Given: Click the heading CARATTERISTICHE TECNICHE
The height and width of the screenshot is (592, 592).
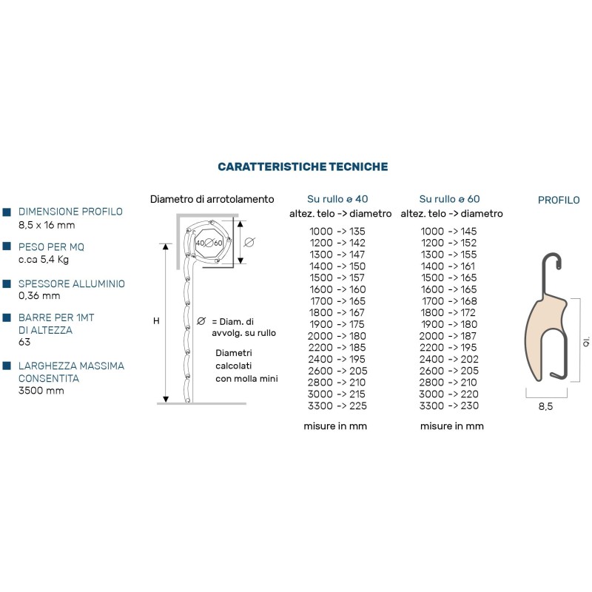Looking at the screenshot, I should pos(303,167).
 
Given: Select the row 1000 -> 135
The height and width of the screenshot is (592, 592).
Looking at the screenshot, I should pos(337,232).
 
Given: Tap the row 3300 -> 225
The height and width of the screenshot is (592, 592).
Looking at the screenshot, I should pos(337,406).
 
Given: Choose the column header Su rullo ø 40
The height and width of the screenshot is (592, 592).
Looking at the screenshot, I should pos(337,199).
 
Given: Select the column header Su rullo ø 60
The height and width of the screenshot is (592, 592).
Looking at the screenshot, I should pos(449,199).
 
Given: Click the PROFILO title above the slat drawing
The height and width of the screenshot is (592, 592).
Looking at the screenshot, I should pos(559,200).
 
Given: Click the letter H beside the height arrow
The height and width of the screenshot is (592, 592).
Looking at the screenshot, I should pos(156,321).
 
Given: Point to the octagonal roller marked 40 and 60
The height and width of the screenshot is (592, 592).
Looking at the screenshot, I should pos(209,242).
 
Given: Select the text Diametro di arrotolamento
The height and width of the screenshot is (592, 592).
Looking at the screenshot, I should pos(212,199).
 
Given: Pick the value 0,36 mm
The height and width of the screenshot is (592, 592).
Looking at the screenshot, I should pos(39,296).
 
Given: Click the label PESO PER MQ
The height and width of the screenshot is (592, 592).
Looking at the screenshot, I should pos(51,247).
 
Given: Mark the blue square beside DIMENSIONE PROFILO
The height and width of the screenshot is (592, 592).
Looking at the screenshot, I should pos(7,212).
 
